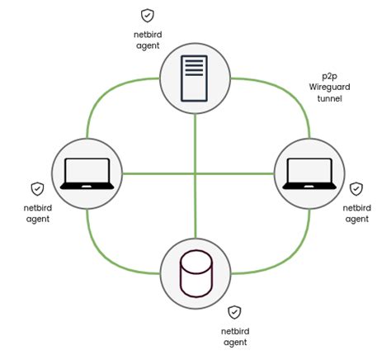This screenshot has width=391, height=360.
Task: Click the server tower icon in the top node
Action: [x=195, y=77]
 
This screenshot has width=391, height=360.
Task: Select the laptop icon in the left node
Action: [x=86, y=173]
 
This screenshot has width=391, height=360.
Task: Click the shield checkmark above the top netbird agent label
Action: [x=147, y=15]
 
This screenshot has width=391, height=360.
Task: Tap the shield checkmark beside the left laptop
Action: [x=36, y=189]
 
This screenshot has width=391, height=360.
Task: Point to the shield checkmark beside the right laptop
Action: [x=356, y=189]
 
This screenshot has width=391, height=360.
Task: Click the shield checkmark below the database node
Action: [x=234, y=311]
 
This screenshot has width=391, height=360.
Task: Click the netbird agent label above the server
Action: [x=147, y=40]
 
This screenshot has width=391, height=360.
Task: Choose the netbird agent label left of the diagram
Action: [x=36, y=213]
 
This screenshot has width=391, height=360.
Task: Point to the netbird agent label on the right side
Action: [x=356, y=213]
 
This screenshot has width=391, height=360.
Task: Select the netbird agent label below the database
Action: [x=234, y=336]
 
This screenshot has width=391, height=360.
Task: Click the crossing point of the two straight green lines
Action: [x=195, y=173]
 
